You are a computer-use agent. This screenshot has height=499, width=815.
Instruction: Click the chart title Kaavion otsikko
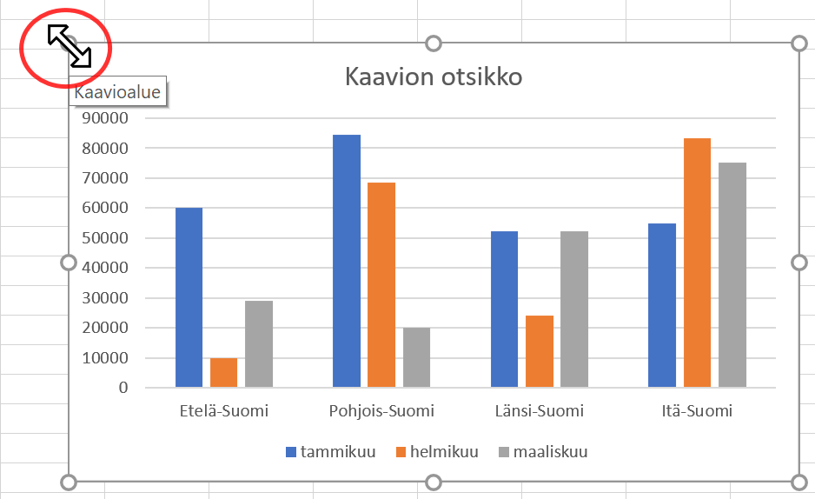[x=434, y=77]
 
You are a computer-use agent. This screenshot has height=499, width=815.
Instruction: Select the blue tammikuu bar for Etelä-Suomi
[x=189, y=297]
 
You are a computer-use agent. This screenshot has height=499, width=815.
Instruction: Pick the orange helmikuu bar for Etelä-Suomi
[x=224, y=373]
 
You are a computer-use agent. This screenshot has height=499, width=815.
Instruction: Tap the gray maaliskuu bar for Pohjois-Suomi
[x=416, y=357]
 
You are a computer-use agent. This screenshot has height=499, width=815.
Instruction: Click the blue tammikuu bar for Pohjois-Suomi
[x=347, y=261]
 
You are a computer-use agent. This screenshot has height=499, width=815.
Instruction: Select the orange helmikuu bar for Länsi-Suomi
[x=540, y=351]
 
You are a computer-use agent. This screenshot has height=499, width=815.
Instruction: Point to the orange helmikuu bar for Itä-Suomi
[x=697, y=263]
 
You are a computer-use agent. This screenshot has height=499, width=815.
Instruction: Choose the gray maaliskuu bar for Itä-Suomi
[x=732, y=275]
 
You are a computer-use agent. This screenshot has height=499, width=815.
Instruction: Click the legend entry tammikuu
[x=331, y=452]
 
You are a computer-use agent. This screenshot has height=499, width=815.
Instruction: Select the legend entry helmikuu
[x=437, y=452]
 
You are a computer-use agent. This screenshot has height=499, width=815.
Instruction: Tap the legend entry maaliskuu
[x=543, y=452]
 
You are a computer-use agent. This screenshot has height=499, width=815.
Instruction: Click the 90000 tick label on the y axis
[x=105, y=118]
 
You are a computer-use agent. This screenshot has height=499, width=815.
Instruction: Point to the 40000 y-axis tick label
[x=105, y=268]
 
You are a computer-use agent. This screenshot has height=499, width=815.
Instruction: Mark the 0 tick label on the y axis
[x=123, y=387]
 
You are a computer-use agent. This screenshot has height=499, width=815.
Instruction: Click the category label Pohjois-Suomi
[x=381, y=411]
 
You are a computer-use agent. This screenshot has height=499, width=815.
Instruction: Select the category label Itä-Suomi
[x=697, y=411]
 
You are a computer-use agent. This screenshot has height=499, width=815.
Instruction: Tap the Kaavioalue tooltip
[x=117, y=92]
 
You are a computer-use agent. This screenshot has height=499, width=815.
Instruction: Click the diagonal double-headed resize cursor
[x=70, y=46]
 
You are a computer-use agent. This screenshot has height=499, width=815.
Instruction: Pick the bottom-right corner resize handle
[x=799, y=482]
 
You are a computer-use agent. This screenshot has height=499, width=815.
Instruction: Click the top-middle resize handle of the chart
[x=434, y=43]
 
